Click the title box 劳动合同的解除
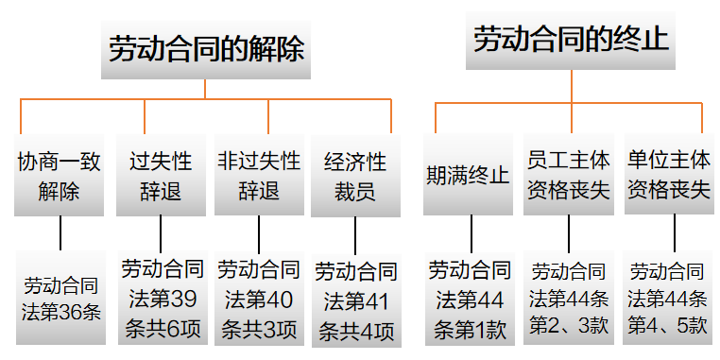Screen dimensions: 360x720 click(206, 49)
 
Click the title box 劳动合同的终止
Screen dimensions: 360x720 click(570, 40)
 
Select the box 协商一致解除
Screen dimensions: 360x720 click(60, 175)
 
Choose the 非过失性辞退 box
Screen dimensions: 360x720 click(258, 175)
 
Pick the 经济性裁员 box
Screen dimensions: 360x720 click(355, 175)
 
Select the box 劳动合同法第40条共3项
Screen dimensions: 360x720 click(258, 299)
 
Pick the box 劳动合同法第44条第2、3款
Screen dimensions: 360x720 click(568, 299)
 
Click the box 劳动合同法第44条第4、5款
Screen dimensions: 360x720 click(668, 299)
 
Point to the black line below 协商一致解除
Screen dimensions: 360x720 click(60, 232)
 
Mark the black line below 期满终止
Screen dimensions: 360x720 click(471, 232)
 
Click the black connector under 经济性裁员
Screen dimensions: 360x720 click(355, 234)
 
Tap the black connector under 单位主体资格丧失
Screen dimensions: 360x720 click(674, 232)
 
